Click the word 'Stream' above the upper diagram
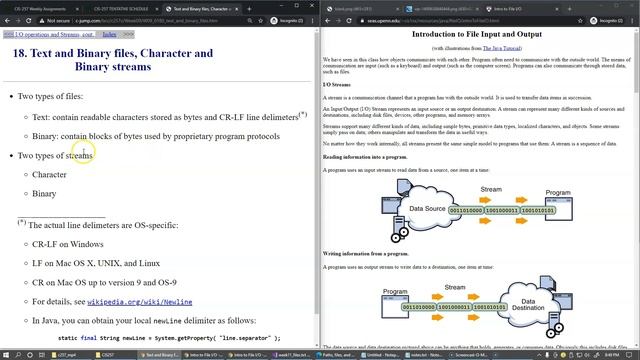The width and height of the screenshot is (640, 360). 490,188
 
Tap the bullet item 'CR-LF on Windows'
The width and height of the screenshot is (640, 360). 67,243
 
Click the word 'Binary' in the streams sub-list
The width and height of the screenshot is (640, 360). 44,193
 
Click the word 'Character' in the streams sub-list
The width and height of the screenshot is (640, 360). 49,174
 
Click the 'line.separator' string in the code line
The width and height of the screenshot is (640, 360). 241,338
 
